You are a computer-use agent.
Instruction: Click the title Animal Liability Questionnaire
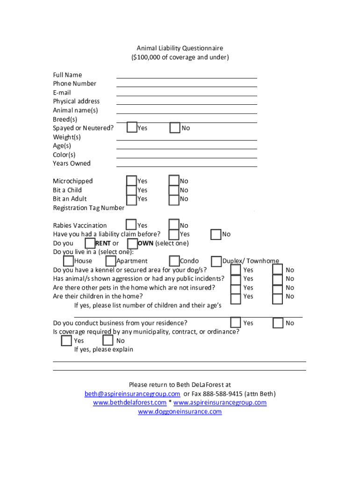[180, 48]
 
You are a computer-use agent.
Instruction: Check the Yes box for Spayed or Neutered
[132, 128]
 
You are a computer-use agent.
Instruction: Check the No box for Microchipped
[174, 181]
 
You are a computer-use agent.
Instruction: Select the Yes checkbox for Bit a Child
[132, 190]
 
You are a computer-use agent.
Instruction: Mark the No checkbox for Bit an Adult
[174, 199]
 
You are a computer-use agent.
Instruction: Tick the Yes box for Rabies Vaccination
[132, 225]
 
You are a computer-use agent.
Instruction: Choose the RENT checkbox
[90, 243]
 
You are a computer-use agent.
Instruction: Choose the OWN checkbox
[132, 243]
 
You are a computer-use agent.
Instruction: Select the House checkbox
[68, 261]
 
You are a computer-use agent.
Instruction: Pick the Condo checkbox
[174, 261]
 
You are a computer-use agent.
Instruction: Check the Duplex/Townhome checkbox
[216, 261]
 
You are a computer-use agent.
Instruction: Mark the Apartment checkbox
[111, 261]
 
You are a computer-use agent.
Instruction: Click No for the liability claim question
[216, 234]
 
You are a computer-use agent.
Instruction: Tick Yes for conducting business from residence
[236, 323]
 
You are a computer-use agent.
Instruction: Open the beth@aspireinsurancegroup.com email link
[132, 394]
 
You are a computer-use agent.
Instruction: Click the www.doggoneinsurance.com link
[180, 412]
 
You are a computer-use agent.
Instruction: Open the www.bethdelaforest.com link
[130, 403]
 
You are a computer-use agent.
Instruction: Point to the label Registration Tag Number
[89, 208]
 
